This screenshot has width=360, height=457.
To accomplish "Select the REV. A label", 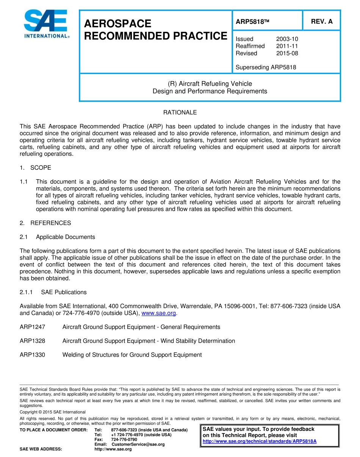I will (x=321, y=22).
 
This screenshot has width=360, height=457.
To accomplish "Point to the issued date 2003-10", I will (x=287, y=39).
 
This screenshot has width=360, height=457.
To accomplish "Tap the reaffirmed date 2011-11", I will (x=287, y=46).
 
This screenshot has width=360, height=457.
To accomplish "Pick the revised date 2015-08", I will (x=287, y=53).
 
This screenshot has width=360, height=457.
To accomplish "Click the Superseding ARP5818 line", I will (x=266, y=67).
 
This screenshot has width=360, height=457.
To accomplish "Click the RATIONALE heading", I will (x=180, y=113).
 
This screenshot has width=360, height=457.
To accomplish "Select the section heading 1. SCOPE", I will (x=35, y=167).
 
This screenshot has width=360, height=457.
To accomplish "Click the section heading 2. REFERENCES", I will (x=45, y=223).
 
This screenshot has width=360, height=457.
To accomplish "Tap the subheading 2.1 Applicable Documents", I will (x=57, y=237).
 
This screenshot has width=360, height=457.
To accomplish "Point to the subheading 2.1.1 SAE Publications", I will (x=53, y=292).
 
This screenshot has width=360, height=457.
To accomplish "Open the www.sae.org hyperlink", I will (x=158, y=313).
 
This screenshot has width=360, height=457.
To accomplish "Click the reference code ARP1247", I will (x=32, y=327).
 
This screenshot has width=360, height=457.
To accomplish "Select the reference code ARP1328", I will (x=32, y=341).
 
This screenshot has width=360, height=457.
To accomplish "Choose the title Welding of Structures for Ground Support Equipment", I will (x=132, y=355).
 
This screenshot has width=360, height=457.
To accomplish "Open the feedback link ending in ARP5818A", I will (x=259, y=441).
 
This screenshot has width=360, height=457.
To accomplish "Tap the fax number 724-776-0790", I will (x=124, y=440).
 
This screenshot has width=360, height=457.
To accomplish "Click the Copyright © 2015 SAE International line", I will (x=53, y=412).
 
